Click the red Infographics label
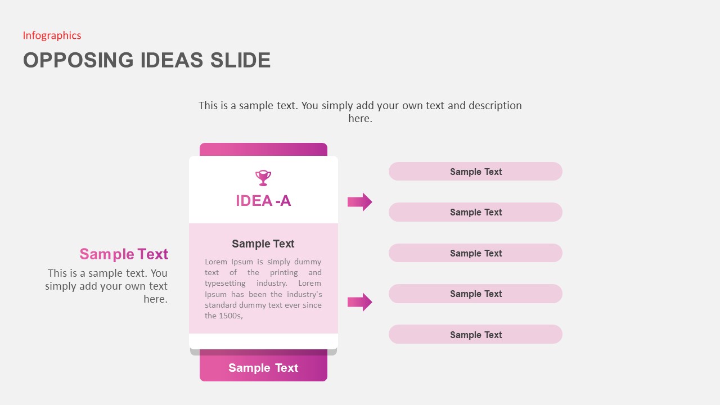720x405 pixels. point(52,35)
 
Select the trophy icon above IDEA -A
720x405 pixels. point(263,178)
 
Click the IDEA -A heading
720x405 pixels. point(263,201)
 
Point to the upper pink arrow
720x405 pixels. point(359,202)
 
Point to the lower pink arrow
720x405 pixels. point(359,302)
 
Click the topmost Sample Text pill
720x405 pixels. point(475,172)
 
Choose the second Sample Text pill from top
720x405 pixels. point(475,212)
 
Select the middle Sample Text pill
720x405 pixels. point(475,253)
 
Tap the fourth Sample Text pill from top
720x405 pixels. point(475,294)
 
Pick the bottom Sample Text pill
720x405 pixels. point(475,335)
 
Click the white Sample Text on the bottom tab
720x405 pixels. point(263,368)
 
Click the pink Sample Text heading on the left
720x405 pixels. point(124,254)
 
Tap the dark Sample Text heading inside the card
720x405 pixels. point(263,244)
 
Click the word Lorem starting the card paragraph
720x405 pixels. point(215,262)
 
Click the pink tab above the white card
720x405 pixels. point(263,149)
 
